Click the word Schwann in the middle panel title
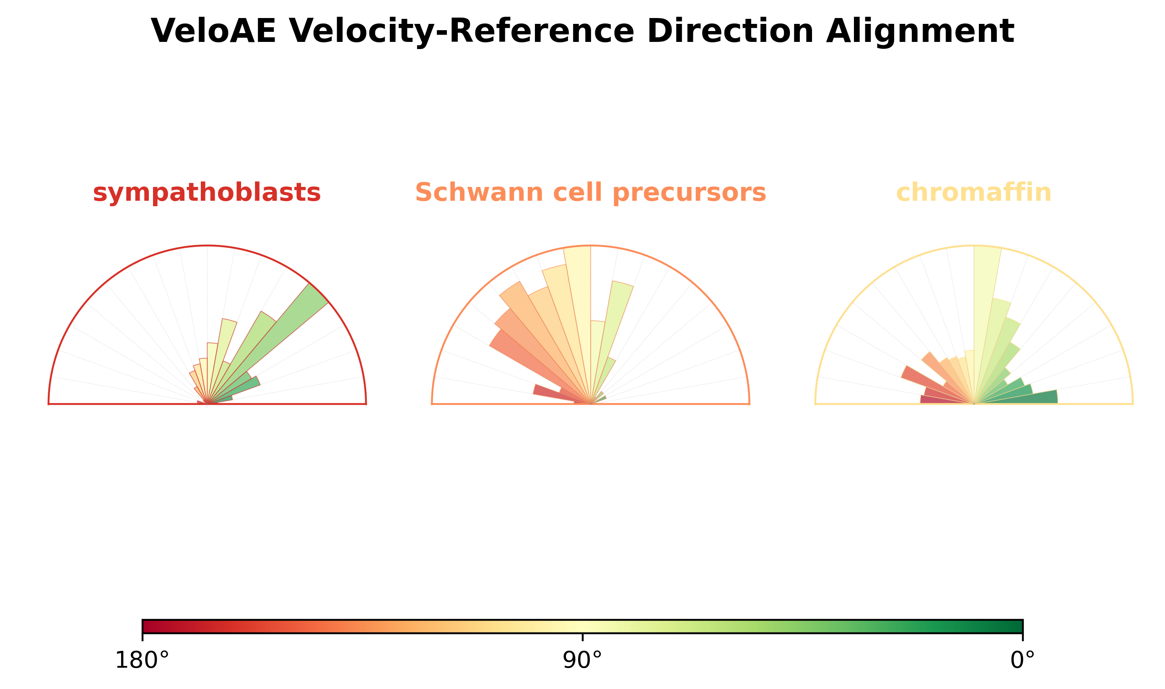click(479, 192)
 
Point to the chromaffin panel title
click(974, 192)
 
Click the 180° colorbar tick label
click(142, 661)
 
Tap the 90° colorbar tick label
click(582, 661)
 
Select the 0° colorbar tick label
click(1022, 661)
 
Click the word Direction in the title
click(730, 31)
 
